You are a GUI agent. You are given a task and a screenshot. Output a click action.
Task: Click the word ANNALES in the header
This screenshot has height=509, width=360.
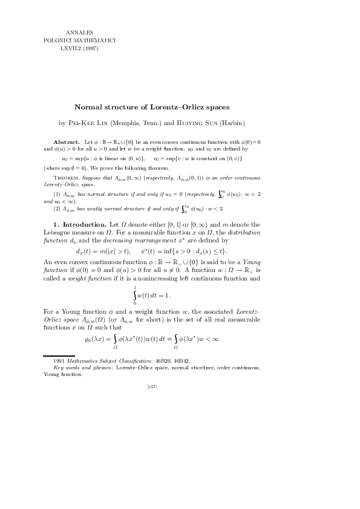77,30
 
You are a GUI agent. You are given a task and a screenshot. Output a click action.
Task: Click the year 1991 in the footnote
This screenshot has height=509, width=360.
61,361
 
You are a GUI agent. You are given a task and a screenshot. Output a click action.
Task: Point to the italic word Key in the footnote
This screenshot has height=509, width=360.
59,368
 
